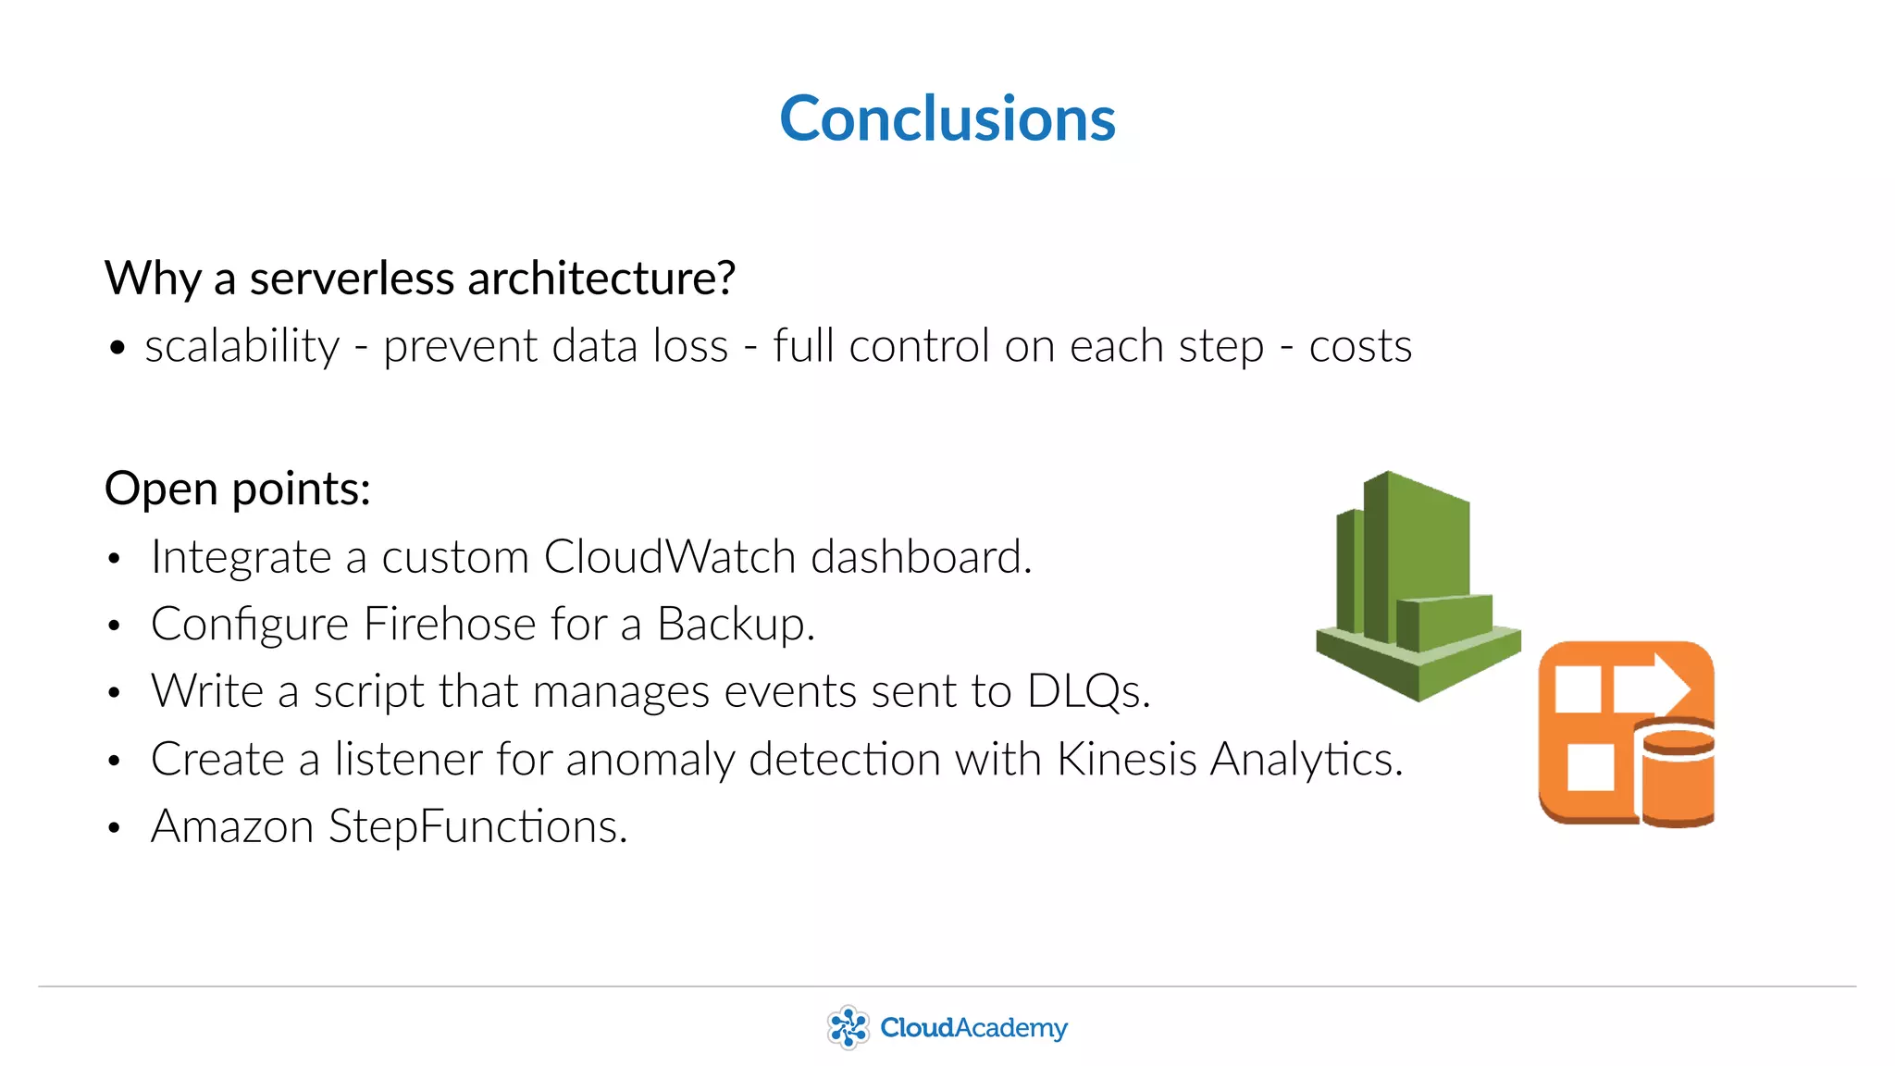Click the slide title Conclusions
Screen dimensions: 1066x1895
(x=947, y=118)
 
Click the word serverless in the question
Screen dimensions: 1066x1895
(x=353, y=278)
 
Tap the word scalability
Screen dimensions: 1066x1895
(x=242, y=347)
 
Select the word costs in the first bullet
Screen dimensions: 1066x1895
(x=1360, y=347)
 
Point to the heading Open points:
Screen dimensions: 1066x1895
(x=238, y=489)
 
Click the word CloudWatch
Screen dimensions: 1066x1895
(x=670, y=557)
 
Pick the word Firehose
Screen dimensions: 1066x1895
(x=450, y=624)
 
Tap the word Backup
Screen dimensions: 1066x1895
(x=736, y=625)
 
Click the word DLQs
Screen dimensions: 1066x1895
(x=1088, y=691)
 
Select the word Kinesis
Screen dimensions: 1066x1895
(x=1127, y=759)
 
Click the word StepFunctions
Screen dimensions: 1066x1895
(x=477, y=826)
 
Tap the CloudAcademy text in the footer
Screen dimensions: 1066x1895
(x=973, y=1028)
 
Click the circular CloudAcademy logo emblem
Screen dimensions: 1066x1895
(x=848, y=1028)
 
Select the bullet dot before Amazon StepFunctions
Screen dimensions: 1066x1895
(x=114, y=827)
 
